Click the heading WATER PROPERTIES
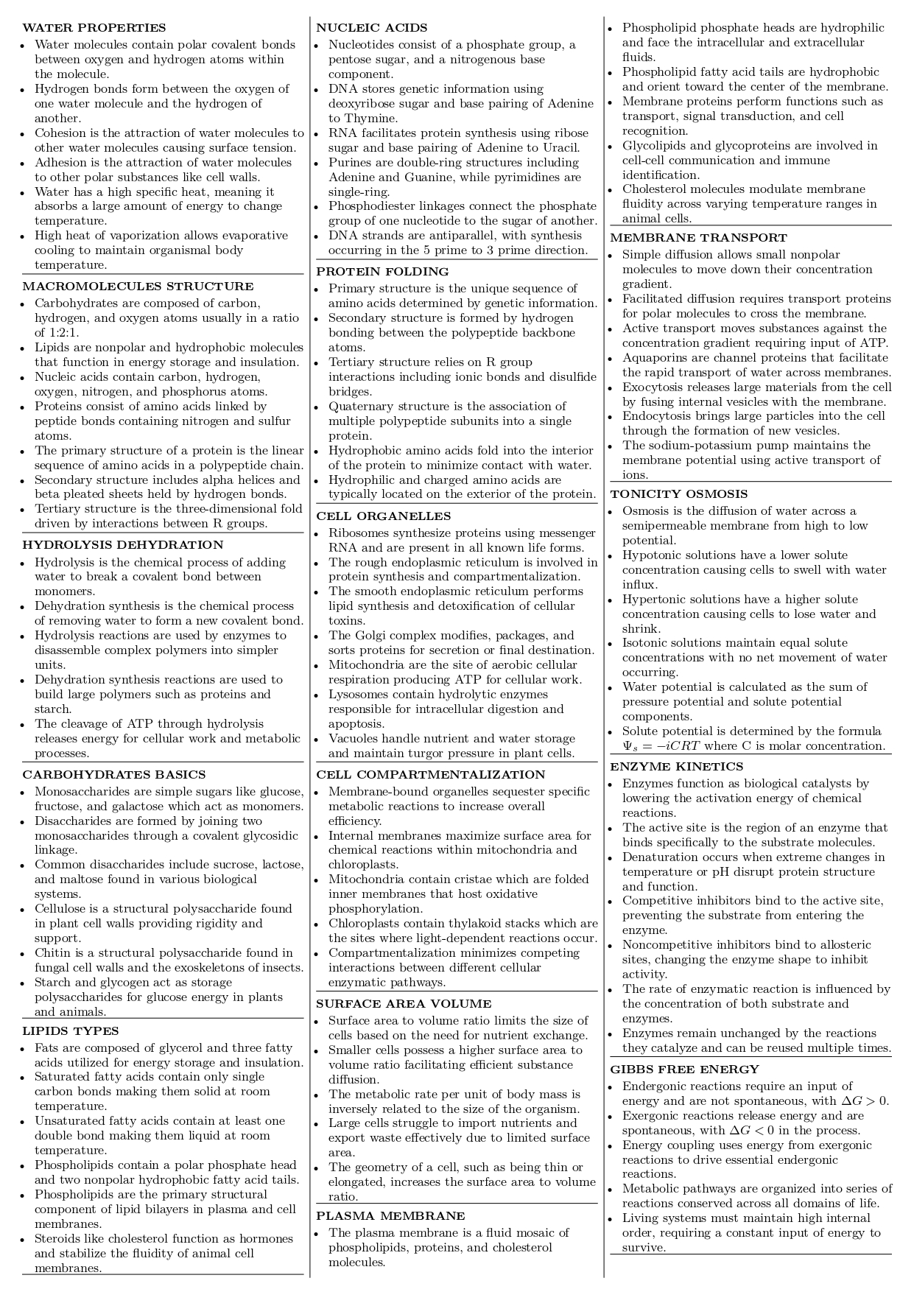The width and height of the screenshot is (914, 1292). pos(94,28)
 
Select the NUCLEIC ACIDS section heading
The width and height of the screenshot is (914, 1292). pos(372,28)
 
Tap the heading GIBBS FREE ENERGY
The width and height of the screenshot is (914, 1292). pos(684,1070)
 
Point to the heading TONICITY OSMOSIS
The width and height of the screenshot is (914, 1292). pos(678,494)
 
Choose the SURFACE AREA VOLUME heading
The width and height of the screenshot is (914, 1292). pos(404,1004)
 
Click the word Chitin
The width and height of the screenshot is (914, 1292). pos(52,953)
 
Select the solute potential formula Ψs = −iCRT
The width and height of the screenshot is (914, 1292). pos(661,746)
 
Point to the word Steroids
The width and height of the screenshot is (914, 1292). pos(57,1239)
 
